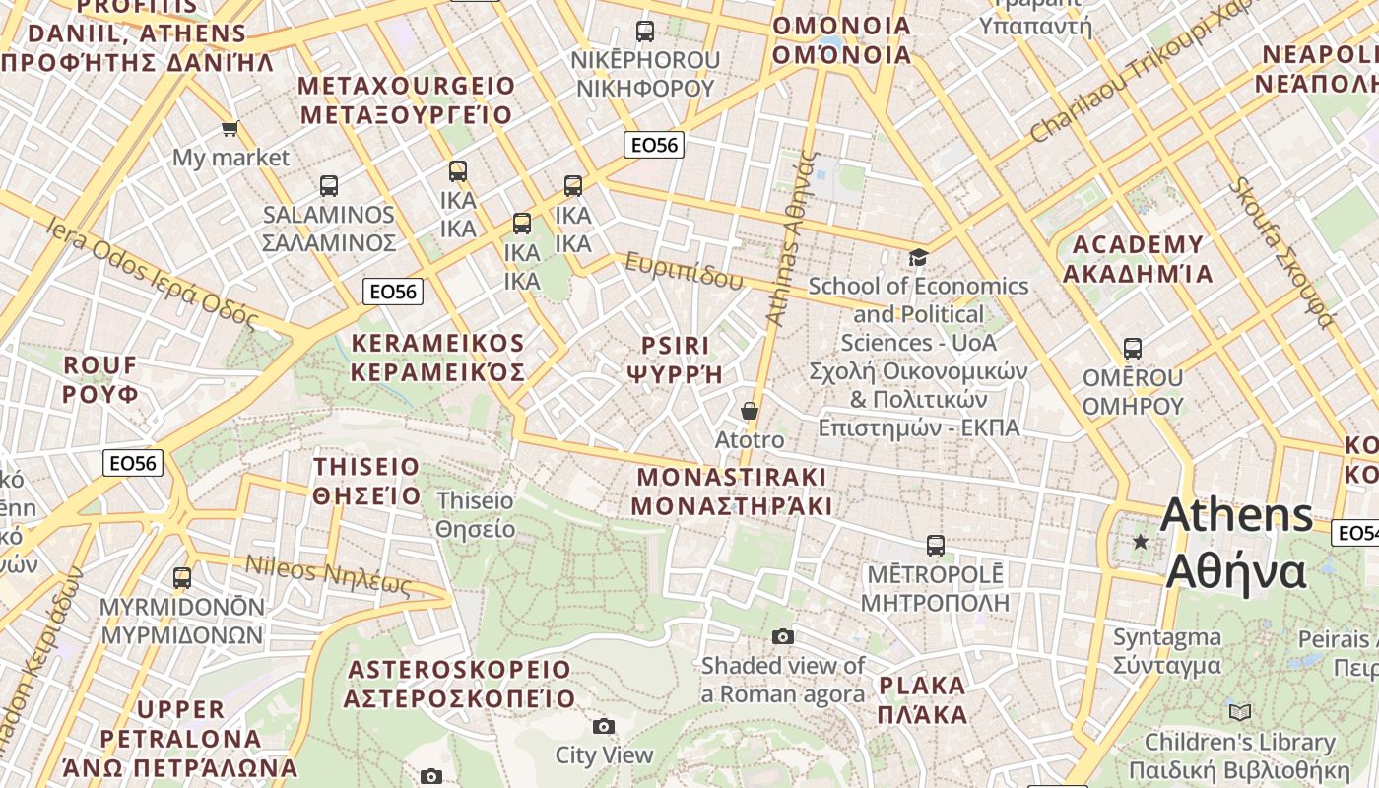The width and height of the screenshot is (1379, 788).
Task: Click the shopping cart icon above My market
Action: [x=230, y=128]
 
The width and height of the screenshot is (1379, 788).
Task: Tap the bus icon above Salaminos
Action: [x=329, y=185]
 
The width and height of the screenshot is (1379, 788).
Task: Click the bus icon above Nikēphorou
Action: [x=645, y=32]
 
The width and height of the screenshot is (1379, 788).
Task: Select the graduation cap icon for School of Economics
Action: [x=918, y=258]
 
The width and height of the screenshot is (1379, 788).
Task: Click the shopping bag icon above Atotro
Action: [x=750, y=411]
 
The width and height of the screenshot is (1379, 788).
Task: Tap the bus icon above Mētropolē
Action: [x=936, y=545]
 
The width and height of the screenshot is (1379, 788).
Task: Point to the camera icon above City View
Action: [x=604, y=727]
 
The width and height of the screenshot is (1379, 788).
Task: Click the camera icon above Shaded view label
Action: [x=783, y=637]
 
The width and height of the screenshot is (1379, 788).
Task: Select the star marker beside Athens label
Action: [x=1141, y=542]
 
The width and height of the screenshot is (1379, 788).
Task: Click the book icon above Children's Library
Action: [x=1240, y=712]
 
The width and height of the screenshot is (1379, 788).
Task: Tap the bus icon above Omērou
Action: [x=1133, y=349]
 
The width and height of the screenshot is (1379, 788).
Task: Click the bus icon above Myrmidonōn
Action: [x=182, y=578]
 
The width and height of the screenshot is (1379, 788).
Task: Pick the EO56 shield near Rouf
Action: [x=133, y=463]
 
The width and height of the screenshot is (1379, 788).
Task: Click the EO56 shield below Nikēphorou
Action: [x=655, y=145]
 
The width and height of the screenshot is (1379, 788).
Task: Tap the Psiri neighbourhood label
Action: [x=675, y=360]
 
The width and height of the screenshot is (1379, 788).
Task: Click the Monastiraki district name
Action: [x=731, y=491]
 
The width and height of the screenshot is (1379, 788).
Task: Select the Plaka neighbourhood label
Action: [x=922, y=699]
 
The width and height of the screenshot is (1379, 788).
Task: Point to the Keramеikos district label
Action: [x=438, y=358]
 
